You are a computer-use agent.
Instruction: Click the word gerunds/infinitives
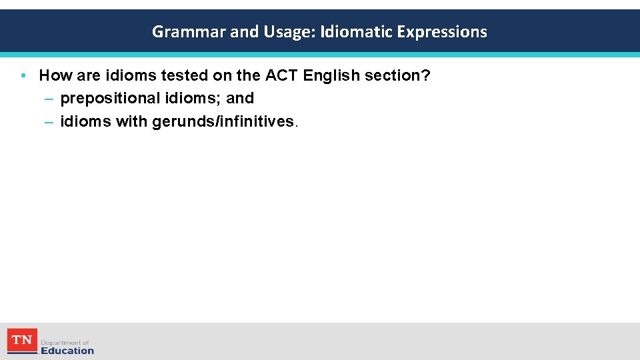coord(223,121)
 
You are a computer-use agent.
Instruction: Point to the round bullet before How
coord(23,76)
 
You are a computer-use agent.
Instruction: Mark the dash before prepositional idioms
coord(49,99)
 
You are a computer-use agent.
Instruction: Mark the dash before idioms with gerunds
coord(49,121)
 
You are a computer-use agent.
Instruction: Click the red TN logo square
coord(22,341)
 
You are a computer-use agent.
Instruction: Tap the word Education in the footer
coord(67,351)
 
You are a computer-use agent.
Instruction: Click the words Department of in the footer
coord(65,343)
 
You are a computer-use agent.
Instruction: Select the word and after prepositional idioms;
coord(240,99)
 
